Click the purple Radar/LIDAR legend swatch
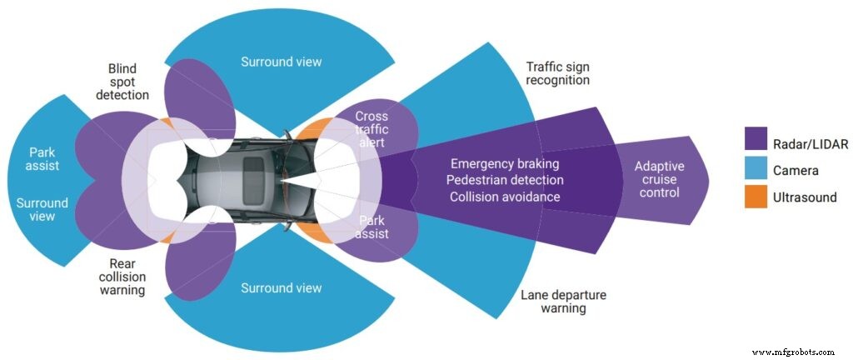(755, 143)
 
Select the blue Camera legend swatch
(755, 170)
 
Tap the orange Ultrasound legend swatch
(755, 197)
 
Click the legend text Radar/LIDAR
(811, 143)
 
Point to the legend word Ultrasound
(805, 197)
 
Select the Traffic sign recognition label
(558, 73)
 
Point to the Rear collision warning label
(122, 276)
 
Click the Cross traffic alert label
(372, 130)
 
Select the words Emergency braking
(505, 163)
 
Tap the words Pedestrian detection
(505, 180)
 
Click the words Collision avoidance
(505, 197)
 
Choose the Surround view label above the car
(281, 62)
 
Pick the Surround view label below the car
(281, 288)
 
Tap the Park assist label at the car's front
(372, 227)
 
